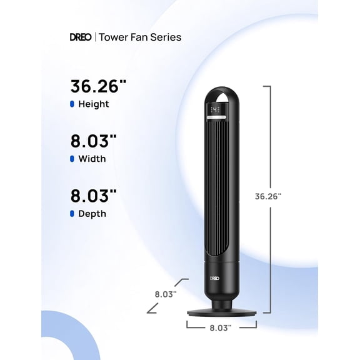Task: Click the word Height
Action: click(94, 104)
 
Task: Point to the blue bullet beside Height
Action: click(72, 104)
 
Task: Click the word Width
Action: click(92, 159)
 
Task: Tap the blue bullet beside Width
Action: click(72, 159)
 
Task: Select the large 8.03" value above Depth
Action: click(93, 196)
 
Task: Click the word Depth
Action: click(92, 214)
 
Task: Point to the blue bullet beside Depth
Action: click(72, 214)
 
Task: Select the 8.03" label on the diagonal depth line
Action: click(166, 292)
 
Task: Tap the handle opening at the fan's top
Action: click(216, 97)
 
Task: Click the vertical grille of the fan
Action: click(216, 187)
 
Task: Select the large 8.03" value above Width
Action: click(93, 141)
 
